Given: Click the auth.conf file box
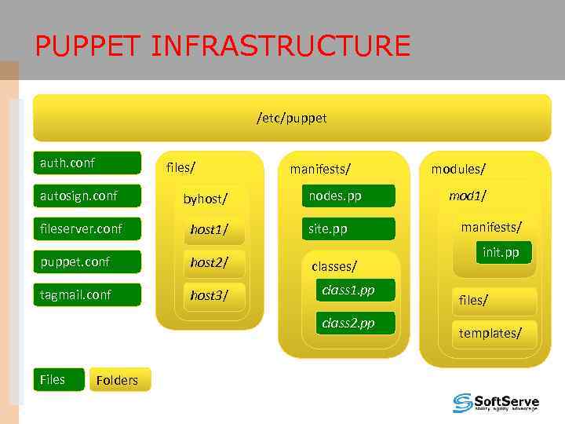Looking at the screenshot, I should (x=86, y=163).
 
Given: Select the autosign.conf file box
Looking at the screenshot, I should (x=86, y=196).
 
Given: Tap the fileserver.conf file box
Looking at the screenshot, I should (x=86, y=229).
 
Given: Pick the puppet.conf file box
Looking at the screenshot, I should (x=86, y=261).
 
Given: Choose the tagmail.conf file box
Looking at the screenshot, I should (x=86, y=294).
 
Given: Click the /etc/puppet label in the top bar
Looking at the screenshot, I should (x=291, y=119).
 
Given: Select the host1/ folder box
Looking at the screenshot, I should (x=210, y=230).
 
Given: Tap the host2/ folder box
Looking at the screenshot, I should (x=210, y=262).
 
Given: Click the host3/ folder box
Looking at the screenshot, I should (x=210, y=295).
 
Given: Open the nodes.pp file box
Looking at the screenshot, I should (x=348, y=196).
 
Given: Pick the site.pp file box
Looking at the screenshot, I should (x=348, y=229).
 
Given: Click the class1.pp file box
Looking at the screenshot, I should (x=354, y=291).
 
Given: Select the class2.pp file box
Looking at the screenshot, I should (x=354, y=323).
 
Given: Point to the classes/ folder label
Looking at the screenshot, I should (x=334, y=266).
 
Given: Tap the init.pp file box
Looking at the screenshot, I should (x=500, y=252).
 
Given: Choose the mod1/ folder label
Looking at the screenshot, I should (x=467, y=196).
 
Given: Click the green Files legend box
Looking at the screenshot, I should (x=57, y=379).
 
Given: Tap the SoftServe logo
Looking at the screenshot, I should (x=495, y=403).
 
